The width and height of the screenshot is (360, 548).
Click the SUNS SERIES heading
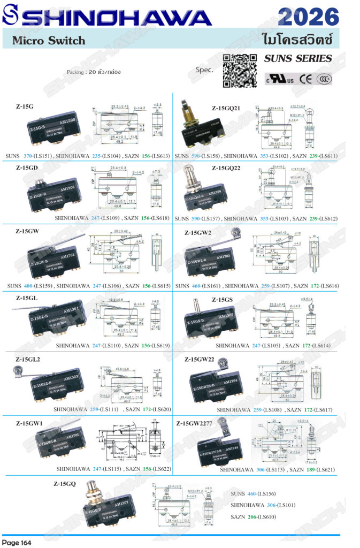click(298, 58)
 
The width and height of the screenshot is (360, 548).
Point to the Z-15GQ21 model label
click(226, 108)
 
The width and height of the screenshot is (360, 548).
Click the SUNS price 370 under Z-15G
click(28, 156)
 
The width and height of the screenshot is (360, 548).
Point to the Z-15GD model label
click(26, 168)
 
